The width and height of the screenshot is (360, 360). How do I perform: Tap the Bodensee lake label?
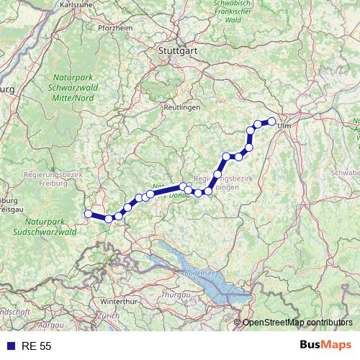(200, 274)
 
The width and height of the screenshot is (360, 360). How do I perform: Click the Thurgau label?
(174, 295)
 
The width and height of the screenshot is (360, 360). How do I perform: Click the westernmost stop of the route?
(89, 213)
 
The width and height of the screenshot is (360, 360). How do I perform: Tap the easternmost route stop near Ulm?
(272, 121)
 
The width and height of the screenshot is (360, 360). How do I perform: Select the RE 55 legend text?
(35, 346)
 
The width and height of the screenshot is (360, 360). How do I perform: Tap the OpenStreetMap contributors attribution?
(297, 323)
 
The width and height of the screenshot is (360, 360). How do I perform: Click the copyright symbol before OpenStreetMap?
(238, 323)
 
